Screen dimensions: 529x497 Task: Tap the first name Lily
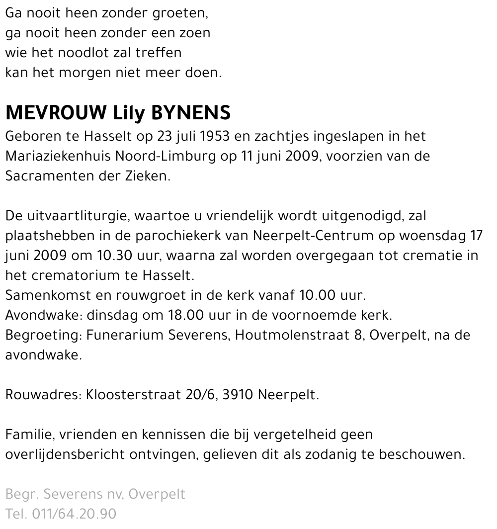pyautogui.click(x=128, y=114)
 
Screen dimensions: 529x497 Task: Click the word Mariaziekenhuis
pyautogui.click(x=59, y=156)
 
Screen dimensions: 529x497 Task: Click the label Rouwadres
pyautogui.click(x=43, y=396)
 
